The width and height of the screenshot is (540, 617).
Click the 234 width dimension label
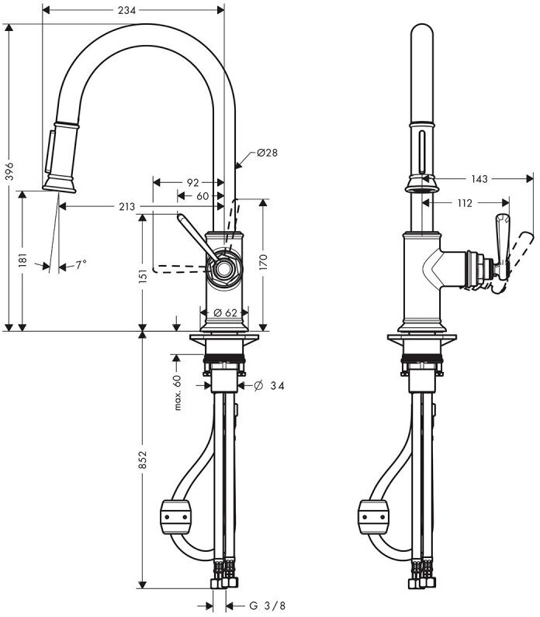[x=126, y=10]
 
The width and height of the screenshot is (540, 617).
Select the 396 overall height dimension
[x=9, y=171]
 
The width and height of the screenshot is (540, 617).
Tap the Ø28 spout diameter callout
[x=267, y=152]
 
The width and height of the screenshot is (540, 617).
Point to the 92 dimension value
[x=192, y=183]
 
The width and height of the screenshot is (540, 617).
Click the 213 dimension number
[x=126, y=207]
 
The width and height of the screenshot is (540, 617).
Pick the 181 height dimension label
[x=22, y=260]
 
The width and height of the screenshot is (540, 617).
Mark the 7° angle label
[x=81, y=265]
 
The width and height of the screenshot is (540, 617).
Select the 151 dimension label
[x=143, y=276]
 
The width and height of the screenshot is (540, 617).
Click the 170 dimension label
[x=263, y=262]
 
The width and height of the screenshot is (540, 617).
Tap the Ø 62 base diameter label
[x=225, y=313]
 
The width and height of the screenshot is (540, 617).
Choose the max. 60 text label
[x=177, y=393]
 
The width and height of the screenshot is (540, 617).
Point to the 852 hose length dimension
[x=143, y=460]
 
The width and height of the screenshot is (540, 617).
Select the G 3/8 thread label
[x=268, y=605]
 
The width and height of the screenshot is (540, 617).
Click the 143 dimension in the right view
[x=479, y=179]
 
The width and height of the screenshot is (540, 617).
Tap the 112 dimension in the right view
[x=465, y=203]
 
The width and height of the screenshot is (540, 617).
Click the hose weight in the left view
[x=175, y=517]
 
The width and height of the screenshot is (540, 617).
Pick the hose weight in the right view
[x=373, y=517]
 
